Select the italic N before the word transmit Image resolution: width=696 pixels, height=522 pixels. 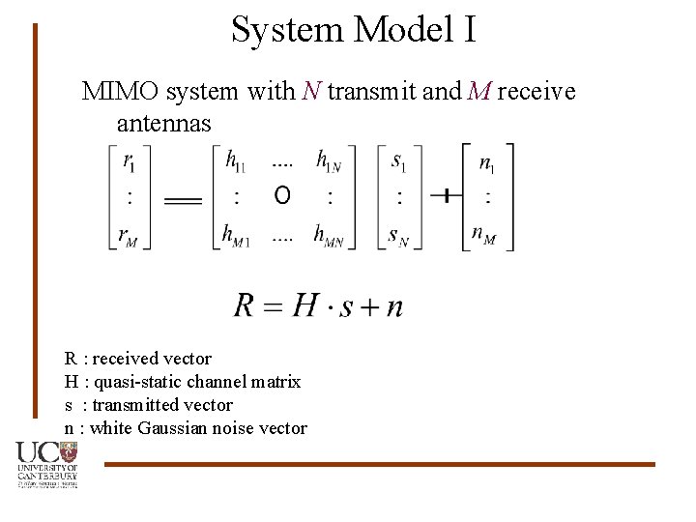click(x=311, y=92)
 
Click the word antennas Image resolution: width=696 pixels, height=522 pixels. click(x=163, y=123)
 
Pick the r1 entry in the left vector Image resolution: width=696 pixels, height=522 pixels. click(x=130, y=161)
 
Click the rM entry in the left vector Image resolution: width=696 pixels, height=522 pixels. click(x=130, y=235)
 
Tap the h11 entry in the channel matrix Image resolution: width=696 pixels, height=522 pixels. click(x=235, y=161)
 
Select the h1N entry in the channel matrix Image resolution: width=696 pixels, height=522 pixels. click(x=329, y=161)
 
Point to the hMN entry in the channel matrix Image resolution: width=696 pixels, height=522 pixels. click(x=330, y=235)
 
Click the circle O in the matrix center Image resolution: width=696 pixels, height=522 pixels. click(x=282, y=196)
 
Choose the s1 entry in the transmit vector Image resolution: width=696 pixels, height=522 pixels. click(x=398, y=161)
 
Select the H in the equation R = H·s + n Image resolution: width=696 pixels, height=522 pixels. click(x=304, y=305)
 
